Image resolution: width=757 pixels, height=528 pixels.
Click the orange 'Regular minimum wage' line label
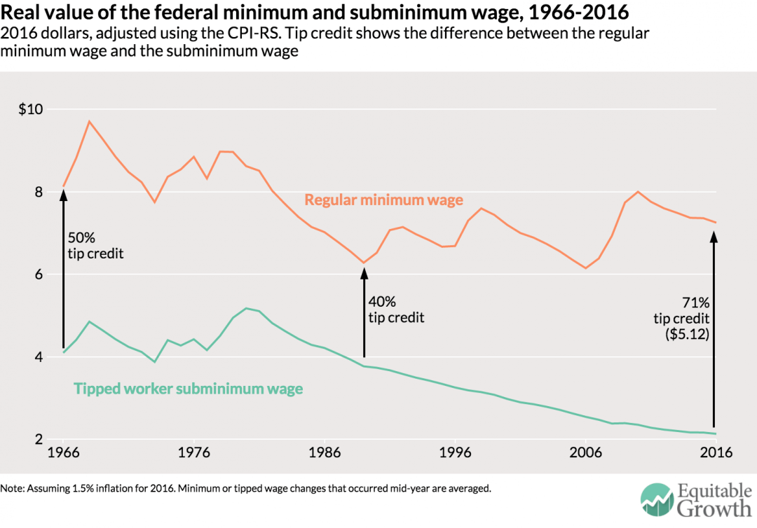pos(383,200)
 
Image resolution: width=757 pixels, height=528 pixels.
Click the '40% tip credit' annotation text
pos(396,309)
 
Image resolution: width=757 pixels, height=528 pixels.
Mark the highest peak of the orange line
pos(89,121)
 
